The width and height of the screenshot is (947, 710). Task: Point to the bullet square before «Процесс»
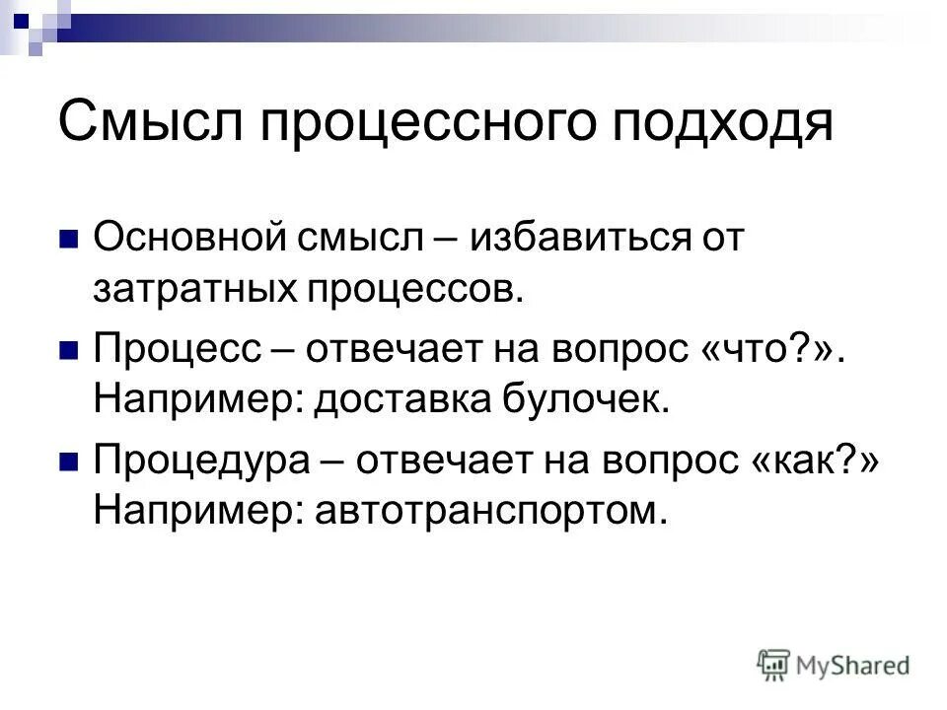[69, 350]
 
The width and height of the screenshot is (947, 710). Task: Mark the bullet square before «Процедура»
[69, 461]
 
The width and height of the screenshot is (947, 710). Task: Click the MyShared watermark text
[853, 665]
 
